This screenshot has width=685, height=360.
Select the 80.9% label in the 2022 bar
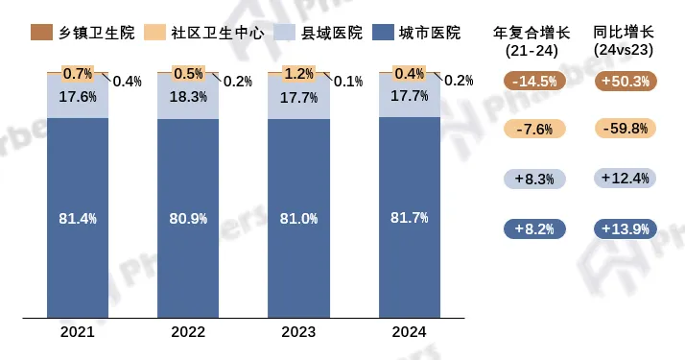[190, 219]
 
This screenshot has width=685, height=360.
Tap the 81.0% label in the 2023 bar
[300, 219]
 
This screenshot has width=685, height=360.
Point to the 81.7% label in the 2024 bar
[411, 219]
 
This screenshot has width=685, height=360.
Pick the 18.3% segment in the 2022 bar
[190, 97]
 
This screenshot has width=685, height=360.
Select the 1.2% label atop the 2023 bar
[300, 74]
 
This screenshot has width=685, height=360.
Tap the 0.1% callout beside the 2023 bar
[347, 82]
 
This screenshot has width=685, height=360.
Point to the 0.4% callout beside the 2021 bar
[127, 82]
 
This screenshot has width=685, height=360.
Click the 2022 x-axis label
[190, 332]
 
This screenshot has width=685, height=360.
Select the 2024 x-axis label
[411, 332]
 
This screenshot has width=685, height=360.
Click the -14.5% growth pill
[535, 82]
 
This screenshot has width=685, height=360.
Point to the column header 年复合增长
[535, 31]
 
